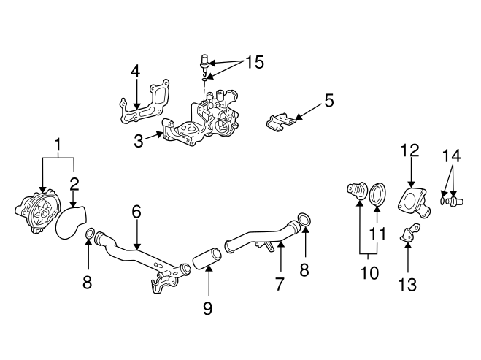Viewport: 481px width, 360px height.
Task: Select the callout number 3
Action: [x=139, y=140]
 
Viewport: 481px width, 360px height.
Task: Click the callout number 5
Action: [x=328, y=100]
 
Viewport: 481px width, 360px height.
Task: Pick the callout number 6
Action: [x=136, y=212]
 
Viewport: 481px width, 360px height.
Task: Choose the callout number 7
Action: [x=280, y=283]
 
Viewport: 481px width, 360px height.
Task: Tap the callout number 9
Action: [x=207, y=308]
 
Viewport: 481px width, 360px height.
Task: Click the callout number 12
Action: [x=409, y=151]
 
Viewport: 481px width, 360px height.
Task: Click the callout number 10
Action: [x=369, y=273]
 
